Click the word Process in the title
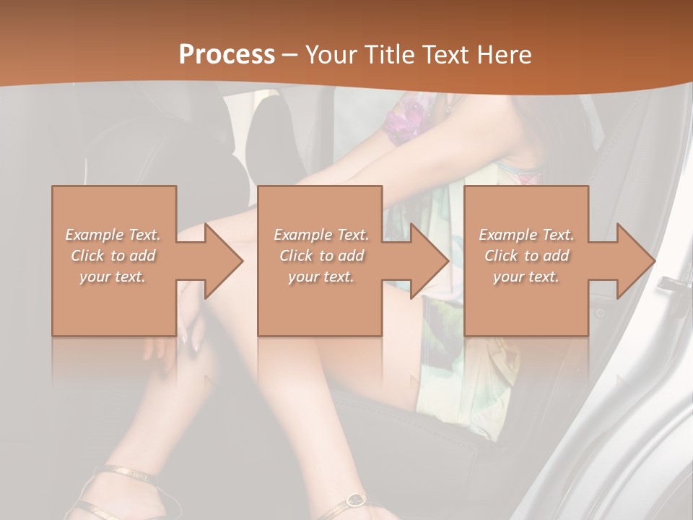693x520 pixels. [x=227, y=55]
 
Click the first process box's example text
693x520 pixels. [x=113, y=256]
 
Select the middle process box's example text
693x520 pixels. [x=321, y=256]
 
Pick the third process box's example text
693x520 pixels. [x=526, y=256]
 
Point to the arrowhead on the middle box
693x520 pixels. [x=429, y=261]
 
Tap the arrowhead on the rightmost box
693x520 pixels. [x=635, y=261]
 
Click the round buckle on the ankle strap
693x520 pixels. [x=354, y=499]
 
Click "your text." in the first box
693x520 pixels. [x=113, y=277]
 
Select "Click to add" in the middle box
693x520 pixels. [x=321, y=256]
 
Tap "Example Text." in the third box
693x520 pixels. [x=526, y=235]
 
